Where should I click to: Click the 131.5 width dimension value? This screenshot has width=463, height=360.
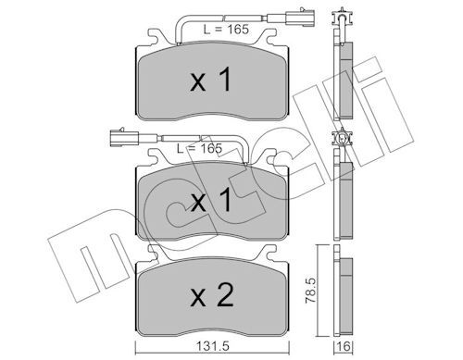tap(213, 346)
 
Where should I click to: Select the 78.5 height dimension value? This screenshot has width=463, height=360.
tap(311, 291)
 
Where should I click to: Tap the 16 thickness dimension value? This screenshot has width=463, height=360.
tap(344, 346)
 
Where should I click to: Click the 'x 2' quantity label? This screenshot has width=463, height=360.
tap(212, 295)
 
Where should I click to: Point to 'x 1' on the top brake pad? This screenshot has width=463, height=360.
tap(211, 80)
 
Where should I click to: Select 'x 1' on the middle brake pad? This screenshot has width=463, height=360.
tap(211, 200)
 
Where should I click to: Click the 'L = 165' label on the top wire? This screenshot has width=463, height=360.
tap(226, 30)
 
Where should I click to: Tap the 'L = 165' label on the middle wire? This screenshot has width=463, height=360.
tap(199, 148)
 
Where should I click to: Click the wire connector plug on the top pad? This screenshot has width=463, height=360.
tap(300, 18)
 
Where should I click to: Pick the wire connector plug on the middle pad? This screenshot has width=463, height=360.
tap(125, 137)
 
